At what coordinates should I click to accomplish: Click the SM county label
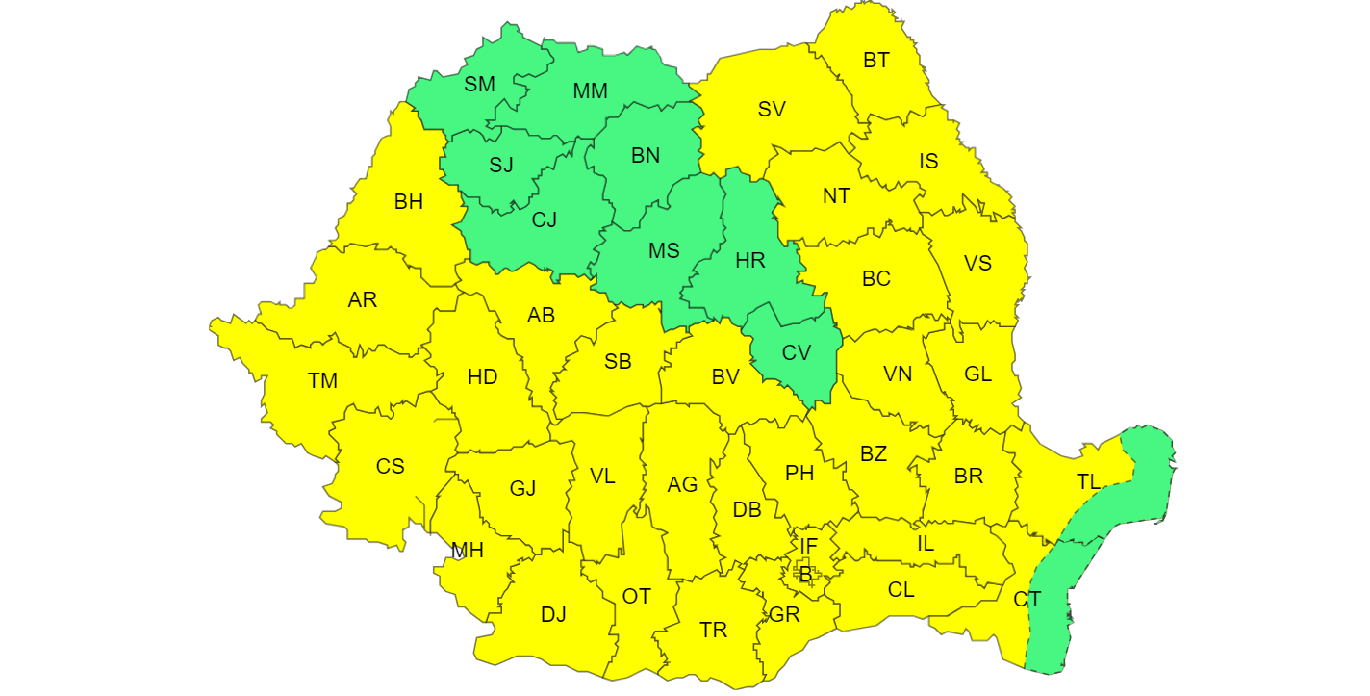click(x=479, y=84)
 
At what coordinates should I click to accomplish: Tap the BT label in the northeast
click(x=875, y=61)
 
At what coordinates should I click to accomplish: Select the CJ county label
click(x=545, y=219)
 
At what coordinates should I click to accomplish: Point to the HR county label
click(x=749, y=261)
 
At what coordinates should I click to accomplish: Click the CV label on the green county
click(x=796, y=352)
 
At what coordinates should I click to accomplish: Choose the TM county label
click(x=323, y=380)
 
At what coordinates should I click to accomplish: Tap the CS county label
click(x=390, y=467)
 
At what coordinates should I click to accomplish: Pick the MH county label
click(x=468, y=551)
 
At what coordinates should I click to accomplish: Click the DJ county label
click(x=553, y=614)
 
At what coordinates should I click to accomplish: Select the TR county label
click(x=713, y=631)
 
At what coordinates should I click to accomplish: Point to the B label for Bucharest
click(x=805, y=576)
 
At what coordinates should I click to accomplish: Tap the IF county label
click(x=808, y=547)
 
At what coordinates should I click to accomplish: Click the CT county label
click(x=1027, y=599)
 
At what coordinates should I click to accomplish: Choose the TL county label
click(x=1088, y=482)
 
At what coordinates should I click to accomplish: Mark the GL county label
click(x=977, y=374)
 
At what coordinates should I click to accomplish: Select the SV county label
click(x=772, y=109)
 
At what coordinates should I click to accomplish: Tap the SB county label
click(x=618, y=362)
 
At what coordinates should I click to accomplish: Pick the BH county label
click(x=408, y=202)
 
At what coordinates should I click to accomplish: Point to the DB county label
click(x=747, y=510)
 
